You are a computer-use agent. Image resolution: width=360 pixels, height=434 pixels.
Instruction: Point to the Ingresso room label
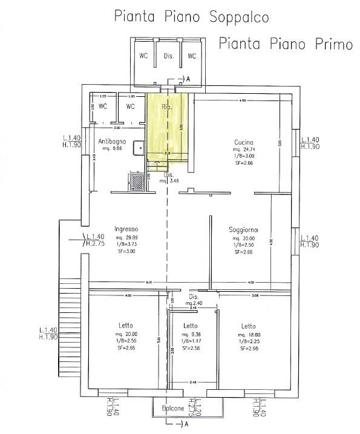coord(128,229)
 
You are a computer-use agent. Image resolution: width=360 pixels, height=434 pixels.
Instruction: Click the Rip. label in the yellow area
coord(168,108)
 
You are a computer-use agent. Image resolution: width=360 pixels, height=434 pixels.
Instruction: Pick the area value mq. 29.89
coord(128,237)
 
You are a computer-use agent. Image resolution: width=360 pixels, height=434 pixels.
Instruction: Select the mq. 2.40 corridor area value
coord(194,303)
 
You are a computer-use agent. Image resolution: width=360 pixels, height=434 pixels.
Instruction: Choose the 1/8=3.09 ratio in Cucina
coord(243,156)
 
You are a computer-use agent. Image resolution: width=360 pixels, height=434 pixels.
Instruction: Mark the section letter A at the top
coord(188,79)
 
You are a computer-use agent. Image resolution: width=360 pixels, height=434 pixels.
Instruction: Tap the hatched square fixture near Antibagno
coord(139,182)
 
